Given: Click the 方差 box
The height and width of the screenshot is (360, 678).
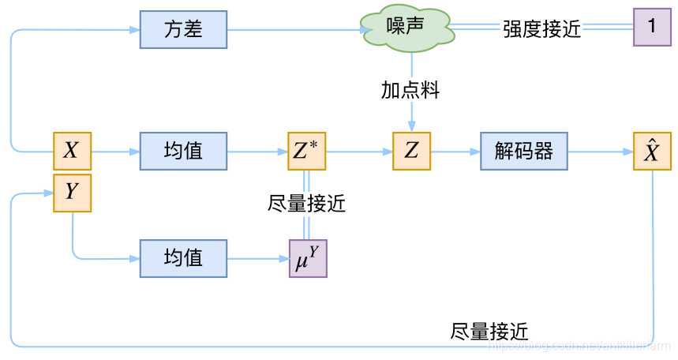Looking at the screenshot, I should pyautogui.click(x=183, y=30).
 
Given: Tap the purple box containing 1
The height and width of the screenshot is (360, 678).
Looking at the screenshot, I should pyautogui.click(x=652, y=27).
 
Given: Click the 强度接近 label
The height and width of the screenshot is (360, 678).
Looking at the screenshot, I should pyautogui.click(x=541, y=29).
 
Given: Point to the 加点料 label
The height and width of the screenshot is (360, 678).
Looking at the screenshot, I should pyautogui.click(x=410, y=90).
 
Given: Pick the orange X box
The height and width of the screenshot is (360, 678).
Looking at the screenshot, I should pyautogui.click(x=72, y=150).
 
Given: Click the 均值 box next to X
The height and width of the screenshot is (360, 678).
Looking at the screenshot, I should pyautogui.click(x=183, y=150).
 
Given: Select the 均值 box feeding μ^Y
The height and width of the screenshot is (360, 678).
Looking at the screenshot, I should pyautogui.click(x=183, y=257).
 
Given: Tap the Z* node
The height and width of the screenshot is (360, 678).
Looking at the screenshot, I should pyautogui.click(x=307, y=150).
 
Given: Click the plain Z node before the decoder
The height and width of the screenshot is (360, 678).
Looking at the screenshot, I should pyautogui.click(x=411, y=150).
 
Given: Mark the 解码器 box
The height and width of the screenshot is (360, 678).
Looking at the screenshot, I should pyautogui.click(x=524, y=150).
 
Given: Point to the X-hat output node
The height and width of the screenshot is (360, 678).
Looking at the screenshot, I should pyautogui.click(x=652, y=150).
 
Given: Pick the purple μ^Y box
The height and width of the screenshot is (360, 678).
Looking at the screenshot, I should pyautogui.click(x=307, y=258).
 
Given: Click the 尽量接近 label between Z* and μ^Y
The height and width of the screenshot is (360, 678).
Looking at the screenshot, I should pyautogui.click(x=307, y=204).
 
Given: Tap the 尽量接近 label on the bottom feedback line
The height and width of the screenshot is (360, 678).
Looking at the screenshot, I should pyautogui.click(x=489, y=331).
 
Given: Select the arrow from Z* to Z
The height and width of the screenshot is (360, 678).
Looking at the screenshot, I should pyautogui.click(x=359, y=150).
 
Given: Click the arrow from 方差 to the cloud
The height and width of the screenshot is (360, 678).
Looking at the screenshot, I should pyautogui.click(x=296, y=30).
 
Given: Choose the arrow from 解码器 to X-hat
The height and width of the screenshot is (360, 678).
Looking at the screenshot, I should pyautogui.click(x=600, y=150).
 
